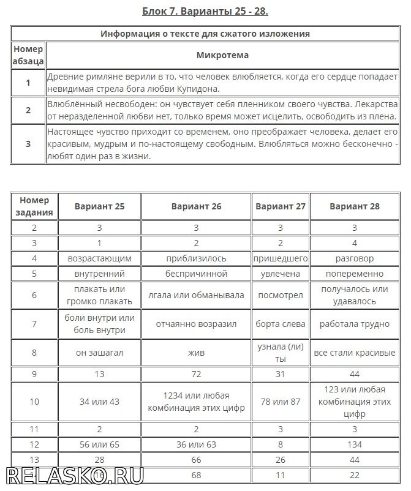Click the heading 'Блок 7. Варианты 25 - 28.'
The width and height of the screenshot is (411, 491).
(205, 11)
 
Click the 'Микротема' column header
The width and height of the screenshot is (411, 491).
(222, 55)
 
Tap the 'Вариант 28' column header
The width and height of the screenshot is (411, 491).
(354, 206)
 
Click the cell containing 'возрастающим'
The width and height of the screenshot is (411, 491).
(99, 258)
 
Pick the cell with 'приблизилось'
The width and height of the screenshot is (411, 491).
(195, 258)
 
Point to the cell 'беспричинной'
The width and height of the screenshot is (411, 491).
(195, 274)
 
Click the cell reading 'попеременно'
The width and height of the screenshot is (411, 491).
(354, 274)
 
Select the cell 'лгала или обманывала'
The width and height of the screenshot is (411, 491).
(195, 295)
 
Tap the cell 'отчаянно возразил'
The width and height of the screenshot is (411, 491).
(195, 324)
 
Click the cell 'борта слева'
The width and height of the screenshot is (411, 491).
(280, 324)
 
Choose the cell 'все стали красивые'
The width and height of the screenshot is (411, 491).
(354, 353)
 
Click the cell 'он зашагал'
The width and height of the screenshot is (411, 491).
(99, 353)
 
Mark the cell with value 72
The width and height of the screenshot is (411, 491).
(195, 373)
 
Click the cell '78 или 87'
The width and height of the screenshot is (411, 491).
(280, 401)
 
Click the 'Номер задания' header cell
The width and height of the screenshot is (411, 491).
(34, 206)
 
